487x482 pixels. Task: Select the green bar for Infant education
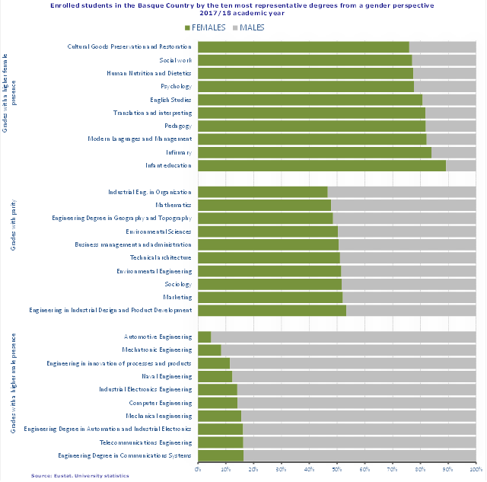tap(321, 165)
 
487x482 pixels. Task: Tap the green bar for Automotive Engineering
tap(204, 337)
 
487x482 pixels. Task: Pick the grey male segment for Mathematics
tap(403, 205)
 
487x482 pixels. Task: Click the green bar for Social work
tap(304, 60)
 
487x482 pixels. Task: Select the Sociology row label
tap(177, 284)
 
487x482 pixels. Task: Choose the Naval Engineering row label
tap(167, 376)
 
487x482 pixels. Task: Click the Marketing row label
tap(177, 297)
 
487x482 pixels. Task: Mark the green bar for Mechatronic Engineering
tap(209, 350)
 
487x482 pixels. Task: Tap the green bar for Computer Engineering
tap(218, 402)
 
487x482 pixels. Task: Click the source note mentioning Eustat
tap(80, 476)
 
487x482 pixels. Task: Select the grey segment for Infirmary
tap(454, 152)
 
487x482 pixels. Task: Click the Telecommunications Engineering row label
tap(145, 442)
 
